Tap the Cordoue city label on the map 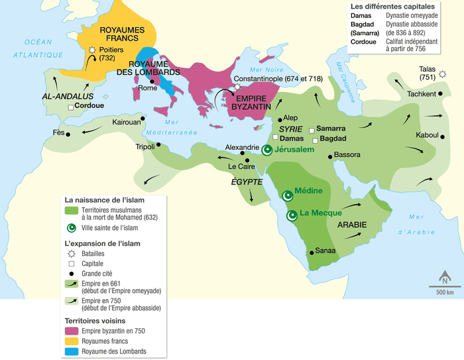click(x=89, y=105)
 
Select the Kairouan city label click(x=125, y=123)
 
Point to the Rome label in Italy click(x=147, y=88)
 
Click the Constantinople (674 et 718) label click(x=278, y=79)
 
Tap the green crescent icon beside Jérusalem click(x=268, y=150)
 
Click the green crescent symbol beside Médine click(x=287, y=196)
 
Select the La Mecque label click(x=320, y=213)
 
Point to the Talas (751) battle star click(x=443, y=73)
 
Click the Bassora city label click(x=347, y=155)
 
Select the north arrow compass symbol click(x=445, y=278)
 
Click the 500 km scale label click(x=445, y=292)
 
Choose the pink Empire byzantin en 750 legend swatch click(x=72, y=330)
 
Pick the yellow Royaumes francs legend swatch click(x=72, y=341)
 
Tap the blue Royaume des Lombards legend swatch click(x=72, y=351)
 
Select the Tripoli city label click(x=145, y=147)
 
